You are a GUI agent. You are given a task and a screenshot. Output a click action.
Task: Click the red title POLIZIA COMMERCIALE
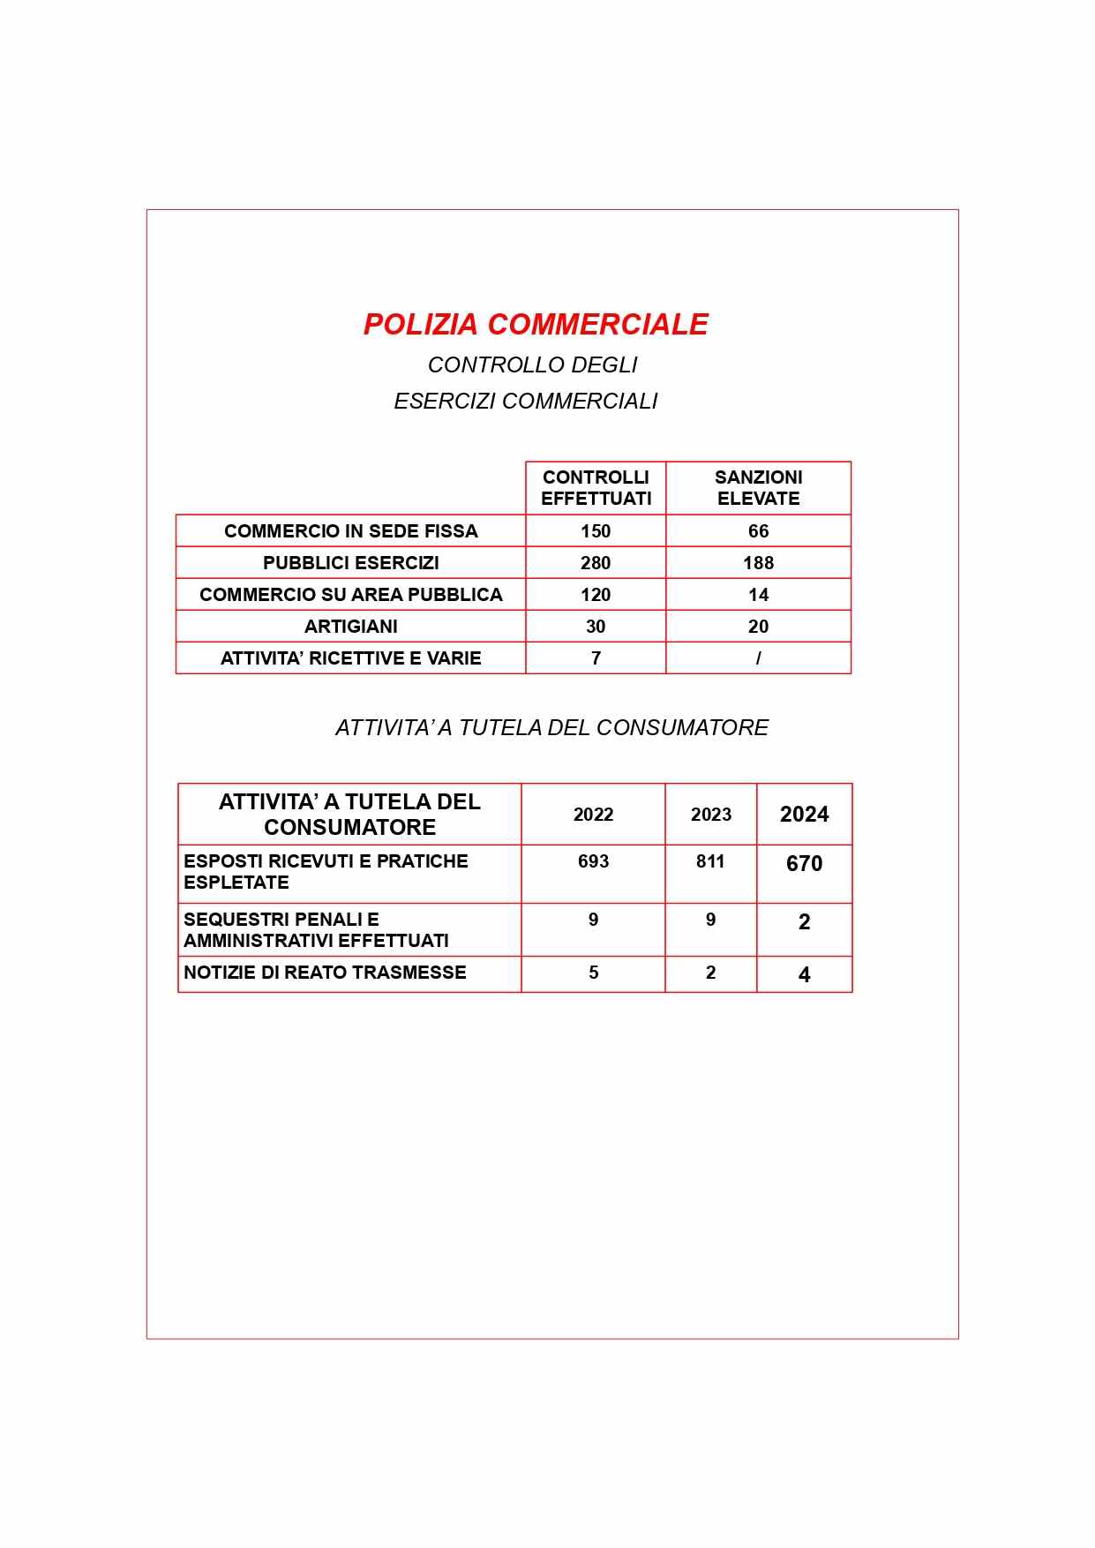pyautogui.click(x=536, y=324)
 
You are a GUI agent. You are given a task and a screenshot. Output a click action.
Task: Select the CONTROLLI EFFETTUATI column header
pyautogui.click(x=596, y=488)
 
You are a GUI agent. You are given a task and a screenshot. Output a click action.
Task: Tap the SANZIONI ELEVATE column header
pyautogui.click(x=758, y=488)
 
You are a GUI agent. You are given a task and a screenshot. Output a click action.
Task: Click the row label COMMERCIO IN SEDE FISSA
pyautogui.click(x=350, y=531)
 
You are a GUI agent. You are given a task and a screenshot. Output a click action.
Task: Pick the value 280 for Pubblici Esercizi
pyautogui.click(x=596, y=563)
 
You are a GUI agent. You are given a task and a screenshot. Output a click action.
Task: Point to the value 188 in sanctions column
pyautogui.click(x=758, y=563)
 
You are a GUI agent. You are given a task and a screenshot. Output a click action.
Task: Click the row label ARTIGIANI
pyautogui.click(x=350, y=627)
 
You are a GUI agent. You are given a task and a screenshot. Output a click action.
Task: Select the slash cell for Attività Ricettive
pyautogui.click(x=758, y=658)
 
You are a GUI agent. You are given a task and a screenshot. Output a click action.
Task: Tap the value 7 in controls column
pyautogui.click(x=596, y=658)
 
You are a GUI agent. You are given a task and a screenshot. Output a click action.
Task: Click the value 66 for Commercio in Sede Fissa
pyautogui.click(x=758, y=531)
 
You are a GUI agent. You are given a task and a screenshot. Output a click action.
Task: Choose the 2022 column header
pyautogui.click(x=593, y=815)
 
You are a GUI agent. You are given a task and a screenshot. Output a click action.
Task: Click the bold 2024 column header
pyautogui.click(x=804, y=815)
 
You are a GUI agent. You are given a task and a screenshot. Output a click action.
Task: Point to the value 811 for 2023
pyautogui.click(x=710, y=861)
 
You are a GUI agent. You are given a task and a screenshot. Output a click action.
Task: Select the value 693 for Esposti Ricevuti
pyautogui.click(x=593, y=861)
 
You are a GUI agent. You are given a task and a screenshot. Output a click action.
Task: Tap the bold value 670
pyautogui.click(x=804, y=864)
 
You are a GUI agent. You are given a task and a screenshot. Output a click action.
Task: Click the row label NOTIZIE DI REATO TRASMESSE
pyautogui.click(x=325, y=973)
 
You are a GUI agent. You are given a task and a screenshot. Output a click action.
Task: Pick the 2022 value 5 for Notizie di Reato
pyautogui.click(x=593, y=973)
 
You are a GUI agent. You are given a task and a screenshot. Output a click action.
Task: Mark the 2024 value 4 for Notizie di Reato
pyautogui.click(x=804, y=975)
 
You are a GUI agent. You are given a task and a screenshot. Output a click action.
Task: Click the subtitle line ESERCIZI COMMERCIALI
pyautogui.click(x=526, y=402)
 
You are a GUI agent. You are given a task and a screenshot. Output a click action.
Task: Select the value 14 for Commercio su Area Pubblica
pyautogui.click(x=758, y=595)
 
